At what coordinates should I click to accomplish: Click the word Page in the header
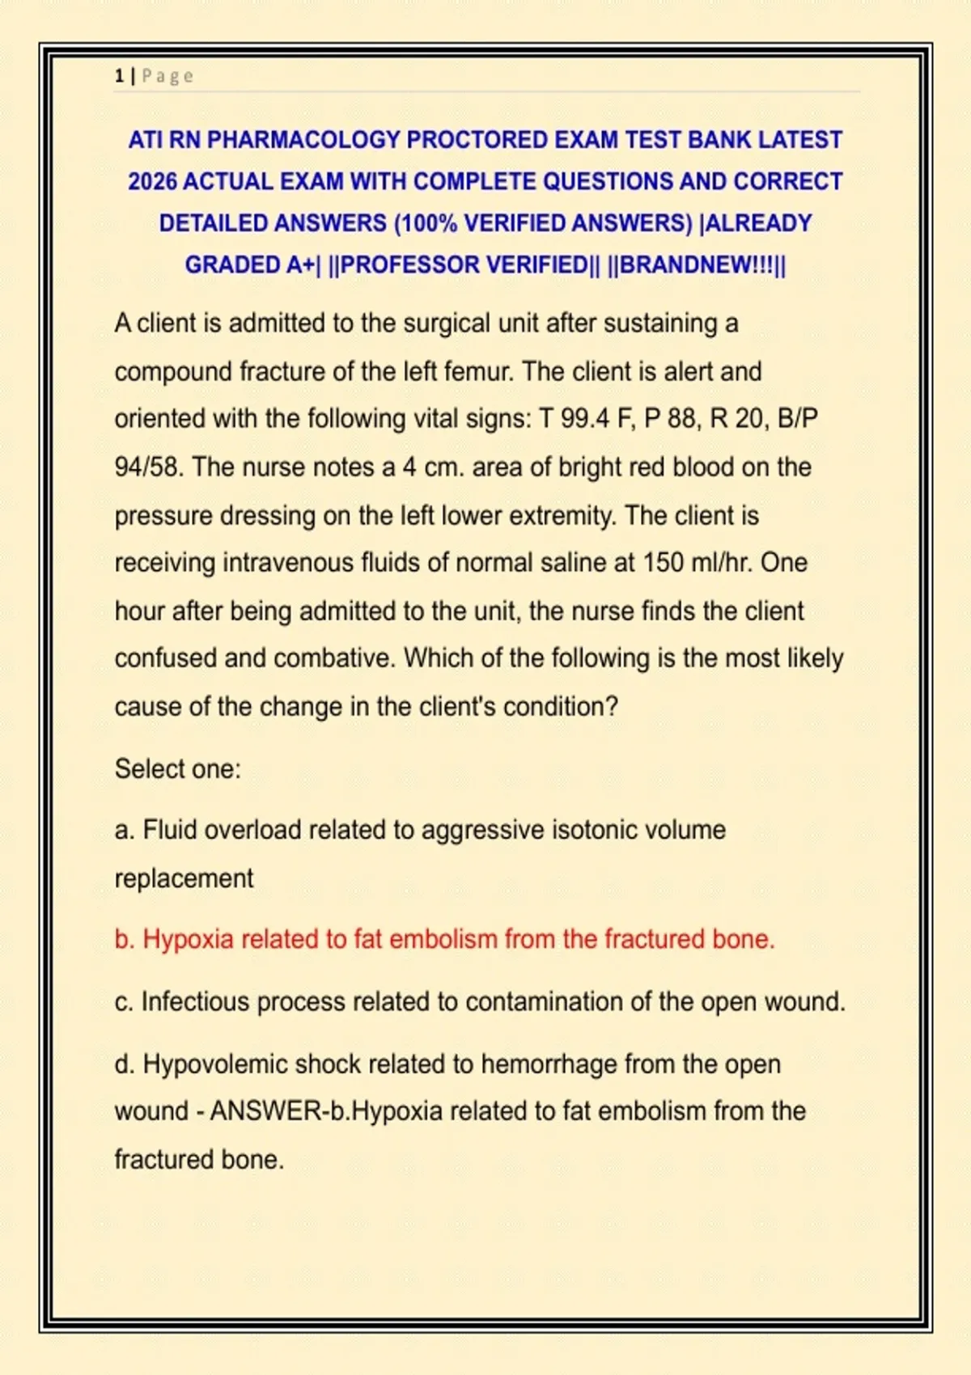tap(167, 76)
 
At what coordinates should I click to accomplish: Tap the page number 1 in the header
tap(119, 76)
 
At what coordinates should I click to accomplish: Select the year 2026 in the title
tap(152, 181)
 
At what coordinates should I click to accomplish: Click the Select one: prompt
tap(178, 768)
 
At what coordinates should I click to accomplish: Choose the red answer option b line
tap(444, 939)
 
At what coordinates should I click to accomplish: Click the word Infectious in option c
tap(195, 1001)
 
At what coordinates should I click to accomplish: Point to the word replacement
tap(184, 878)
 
